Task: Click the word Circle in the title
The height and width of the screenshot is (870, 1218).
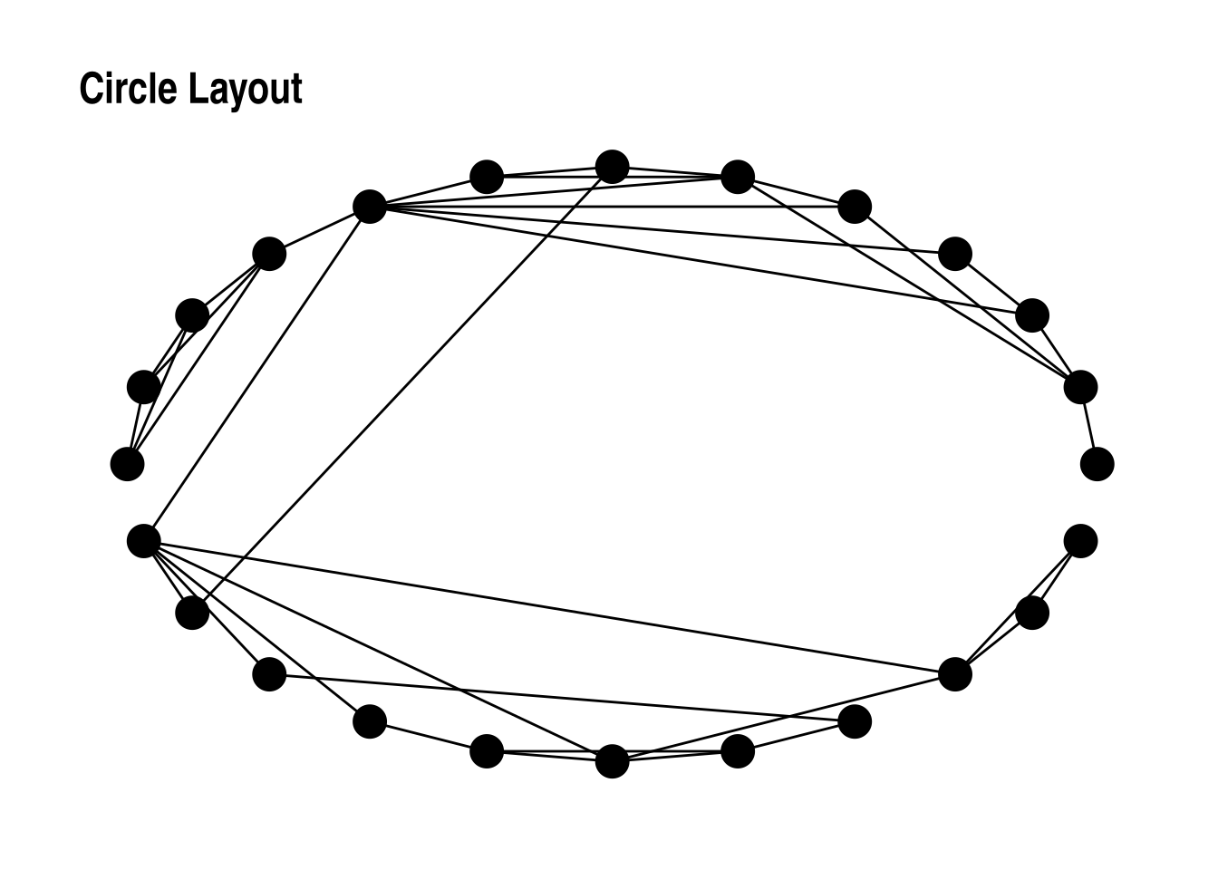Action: [x=129, y=88]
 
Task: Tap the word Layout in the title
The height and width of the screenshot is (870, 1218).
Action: [x=246, y=92]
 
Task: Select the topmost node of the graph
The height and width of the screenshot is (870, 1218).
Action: [x=613, y=167]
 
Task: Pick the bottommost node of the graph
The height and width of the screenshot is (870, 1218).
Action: [x=613, y=762]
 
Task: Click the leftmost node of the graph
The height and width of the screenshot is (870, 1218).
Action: [x=127, y=464]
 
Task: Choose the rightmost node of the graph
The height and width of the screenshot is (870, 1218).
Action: [x=1097, y=464]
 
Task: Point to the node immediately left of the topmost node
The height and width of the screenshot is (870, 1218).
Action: [x=487, y=177]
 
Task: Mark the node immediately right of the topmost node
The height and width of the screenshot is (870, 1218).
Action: [x=738, y=177]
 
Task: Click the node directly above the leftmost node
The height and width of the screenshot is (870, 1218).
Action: [x=143, y=388]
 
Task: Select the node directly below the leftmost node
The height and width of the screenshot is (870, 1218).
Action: [x=143, y=541]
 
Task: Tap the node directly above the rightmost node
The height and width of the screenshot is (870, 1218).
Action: [x=1080, y=388]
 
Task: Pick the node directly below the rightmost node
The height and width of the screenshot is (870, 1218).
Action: [x=1080, y=541]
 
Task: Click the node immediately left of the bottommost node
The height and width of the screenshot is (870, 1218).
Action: [x=487, y=751]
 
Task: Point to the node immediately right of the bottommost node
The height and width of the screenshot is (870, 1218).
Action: [x=738, y=751]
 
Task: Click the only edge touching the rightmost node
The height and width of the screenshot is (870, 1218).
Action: [x=1089, y=426]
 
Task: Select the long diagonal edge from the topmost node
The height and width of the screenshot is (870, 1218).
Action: [x=402, y=390]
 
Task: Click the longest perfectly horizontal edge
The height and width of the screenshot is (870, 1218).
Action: [x=613, y=207]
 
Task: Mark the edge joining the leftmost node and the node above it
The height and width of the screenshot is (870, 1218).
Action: [x=135, y=426]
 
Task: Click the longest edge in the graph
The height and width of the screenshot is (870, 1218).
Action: [x=549, y=608]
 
